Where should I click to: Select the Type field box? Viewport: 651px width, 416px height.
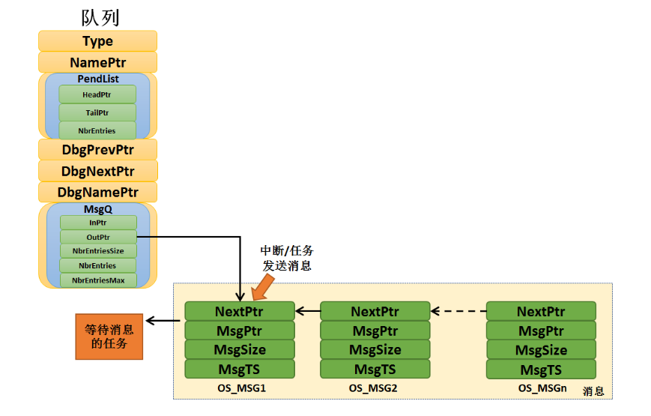click(97, 41)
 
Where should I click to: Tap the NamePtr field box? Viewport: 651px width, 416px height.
click(97, 62)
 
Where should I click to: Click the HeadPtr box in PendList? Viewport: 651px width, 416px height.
click(97, 94)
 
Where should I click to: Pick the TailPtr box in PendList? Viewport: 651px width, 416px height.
click(97, 112)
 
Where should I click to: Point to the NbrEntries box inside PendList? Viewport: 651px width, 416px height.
click(97, 130)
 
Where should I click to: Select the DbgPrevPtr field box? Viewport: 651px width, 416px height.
click(97, 150)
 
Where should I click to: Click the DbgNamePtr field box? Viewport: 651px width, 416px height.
click(97, 193)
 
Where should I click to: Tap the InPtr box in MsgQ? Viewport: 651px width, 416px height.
click(98, 223)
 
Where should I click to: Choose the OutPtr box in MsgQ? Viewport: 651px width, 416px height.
click(98, 237)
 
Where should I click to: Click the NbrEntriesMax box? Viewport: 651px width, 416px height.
click(98, 280)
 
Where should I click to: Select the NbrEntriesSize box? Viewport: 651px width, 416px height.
click(98, 251)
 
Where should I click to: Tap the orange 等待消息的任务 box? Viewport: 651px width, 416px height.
click(109, 337)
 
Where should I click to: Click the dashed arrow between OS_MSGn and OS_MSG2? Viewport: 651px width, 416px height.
click(458, 311)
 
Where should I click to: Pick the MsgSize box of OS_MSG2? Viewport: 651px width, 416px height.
click(375, 350)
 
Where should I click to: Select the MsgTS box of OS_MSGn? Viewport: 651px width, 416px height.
click(541, 370)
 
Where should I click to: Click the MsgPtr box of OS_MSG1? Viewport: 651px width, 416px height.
click(240, 331)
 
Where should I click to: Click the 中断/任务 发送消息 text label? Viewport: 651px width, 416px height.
click(286, 258)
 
